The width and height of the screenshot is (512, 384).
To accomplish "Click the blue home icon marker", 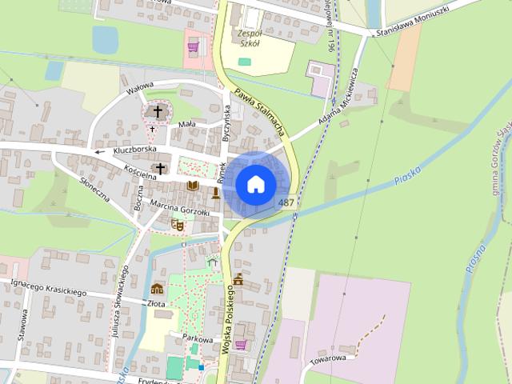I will tap(256, 184).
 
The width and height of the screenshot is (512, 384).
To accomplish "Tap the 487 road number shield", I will tap(286, 203).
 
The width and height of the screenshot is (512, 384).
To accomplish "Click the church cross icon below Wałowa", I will tap(158, 111).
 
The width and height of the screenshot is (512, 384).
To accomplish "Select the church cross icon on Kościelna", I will tap(161, 168).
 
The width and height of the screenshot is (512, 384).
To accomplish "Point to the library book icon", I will tap(192, 186).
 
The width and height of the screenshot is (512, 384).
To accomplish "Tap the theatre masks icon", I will tap(179, 226).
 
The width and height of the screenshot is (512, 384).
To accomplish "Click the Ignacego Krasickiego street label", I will tap(48, 288).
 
